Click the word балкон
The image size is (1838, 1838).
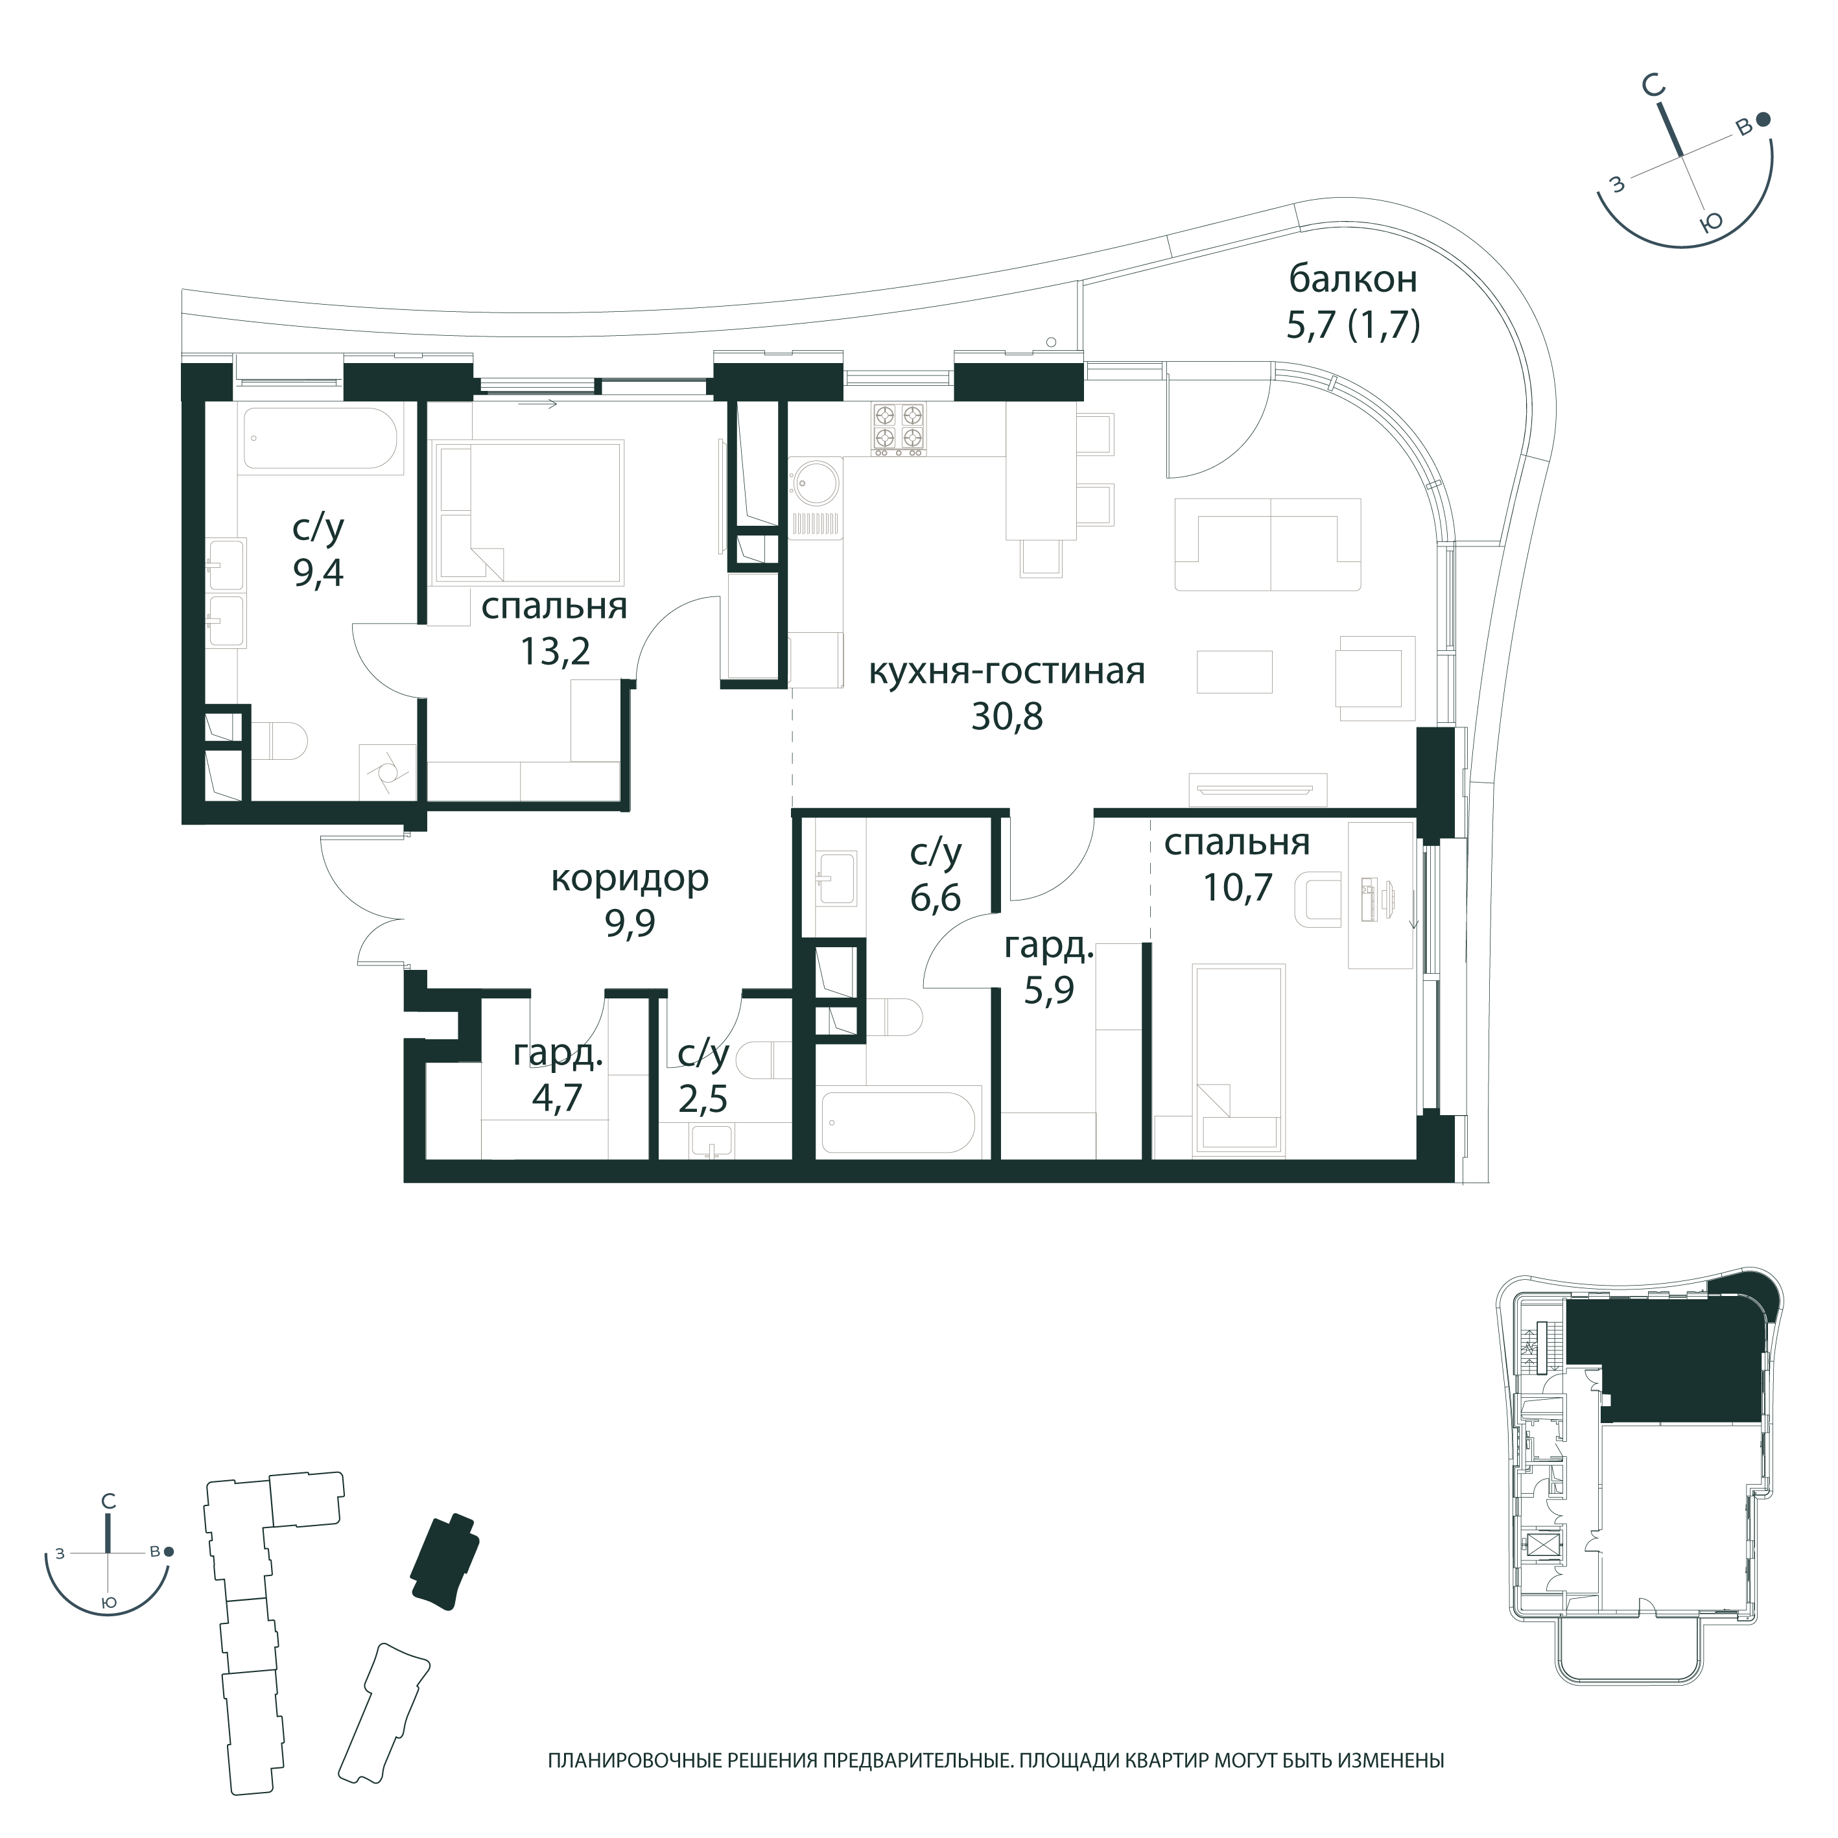click(x=1353, y=279)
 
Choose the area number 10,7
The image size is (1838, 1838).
click(x=1238, y=888)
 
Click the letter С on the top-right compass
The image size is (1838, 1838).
click(x=1655, y=87)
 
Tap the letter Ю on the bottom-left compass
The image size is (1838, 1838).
click(x=110, y=1603)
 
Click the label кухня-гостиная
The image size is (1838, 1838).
click(x=1006, y=672)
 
